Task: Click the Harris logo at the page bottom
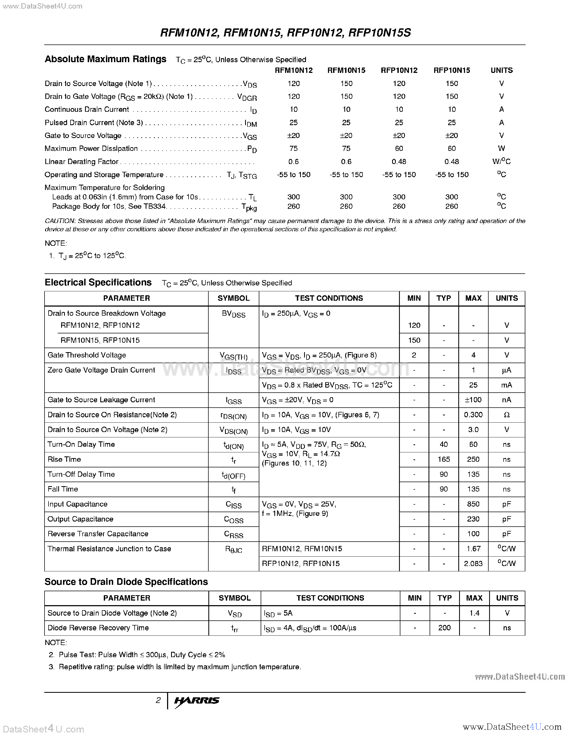coord(197,701)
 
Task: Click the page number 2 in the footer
coord(158,700)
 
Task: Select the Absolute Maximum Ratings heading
coord(105,59)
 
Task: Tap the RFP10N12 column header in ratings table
coord(399,70)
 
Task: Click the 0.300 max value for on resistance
coord(473,415)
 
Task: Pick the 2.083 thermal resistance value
coord(473,564)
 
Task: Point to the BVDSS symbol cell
coord(233,314)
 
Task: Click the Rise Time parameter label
coord(64,459)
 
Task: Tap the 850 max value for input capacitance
coord(473,504)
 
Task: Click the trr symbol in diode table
coord(234,628)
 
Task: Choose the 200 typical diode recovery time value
coord(444,628)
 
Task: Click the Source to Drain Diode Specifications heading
coord(126,582)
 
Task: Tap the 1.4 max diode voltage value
coord(474,613)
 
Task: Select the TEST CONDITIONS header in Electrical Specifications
coord(329,298)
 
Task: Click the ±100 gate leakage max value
coord(473,400)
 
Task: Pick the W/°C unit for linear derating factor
coord(501,161)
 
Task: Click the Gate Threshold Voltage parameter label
coord(87,355)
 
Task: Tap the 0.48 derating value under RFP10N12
coord(399,162)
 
